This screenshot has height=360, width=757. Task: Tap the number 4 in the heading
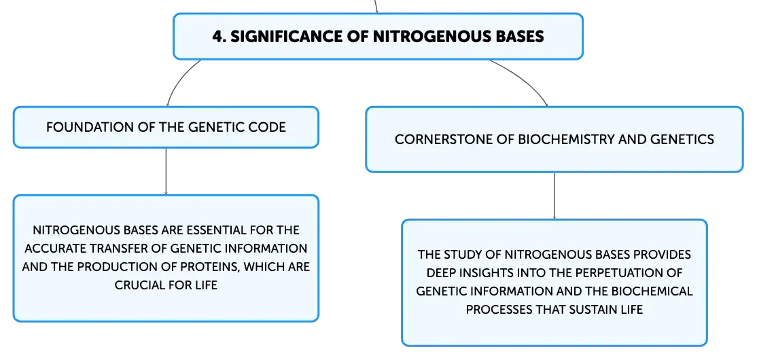click(217, 37)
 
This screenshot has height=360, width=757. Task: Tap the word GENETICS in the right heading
click(684, 139)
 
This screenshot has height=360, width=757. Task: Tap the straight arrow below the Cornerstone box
click(554, 196)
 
